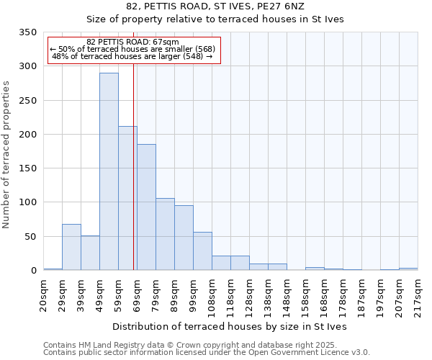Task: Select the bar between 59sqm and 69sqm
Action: pos(127,198)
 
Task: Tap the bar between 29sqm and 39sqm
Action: pos(71,247)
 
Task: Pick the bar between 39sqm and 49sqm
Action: pos(90,253)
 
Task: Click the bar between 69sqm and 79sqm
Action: pos(146,207)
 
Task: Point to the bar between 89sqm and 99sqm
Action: pos(184,238)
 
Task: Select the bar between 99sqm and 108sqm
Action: pos(202,251)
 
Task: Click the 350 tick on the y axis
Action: pos(27,32)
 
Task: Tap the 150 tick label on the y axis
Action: pos(27,168)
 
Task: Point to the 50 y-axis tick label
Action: pos(30,236)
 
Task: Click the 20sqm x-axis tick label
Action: pos(43,293)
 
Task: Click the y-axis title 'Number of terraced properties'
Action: pos(6,154)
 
